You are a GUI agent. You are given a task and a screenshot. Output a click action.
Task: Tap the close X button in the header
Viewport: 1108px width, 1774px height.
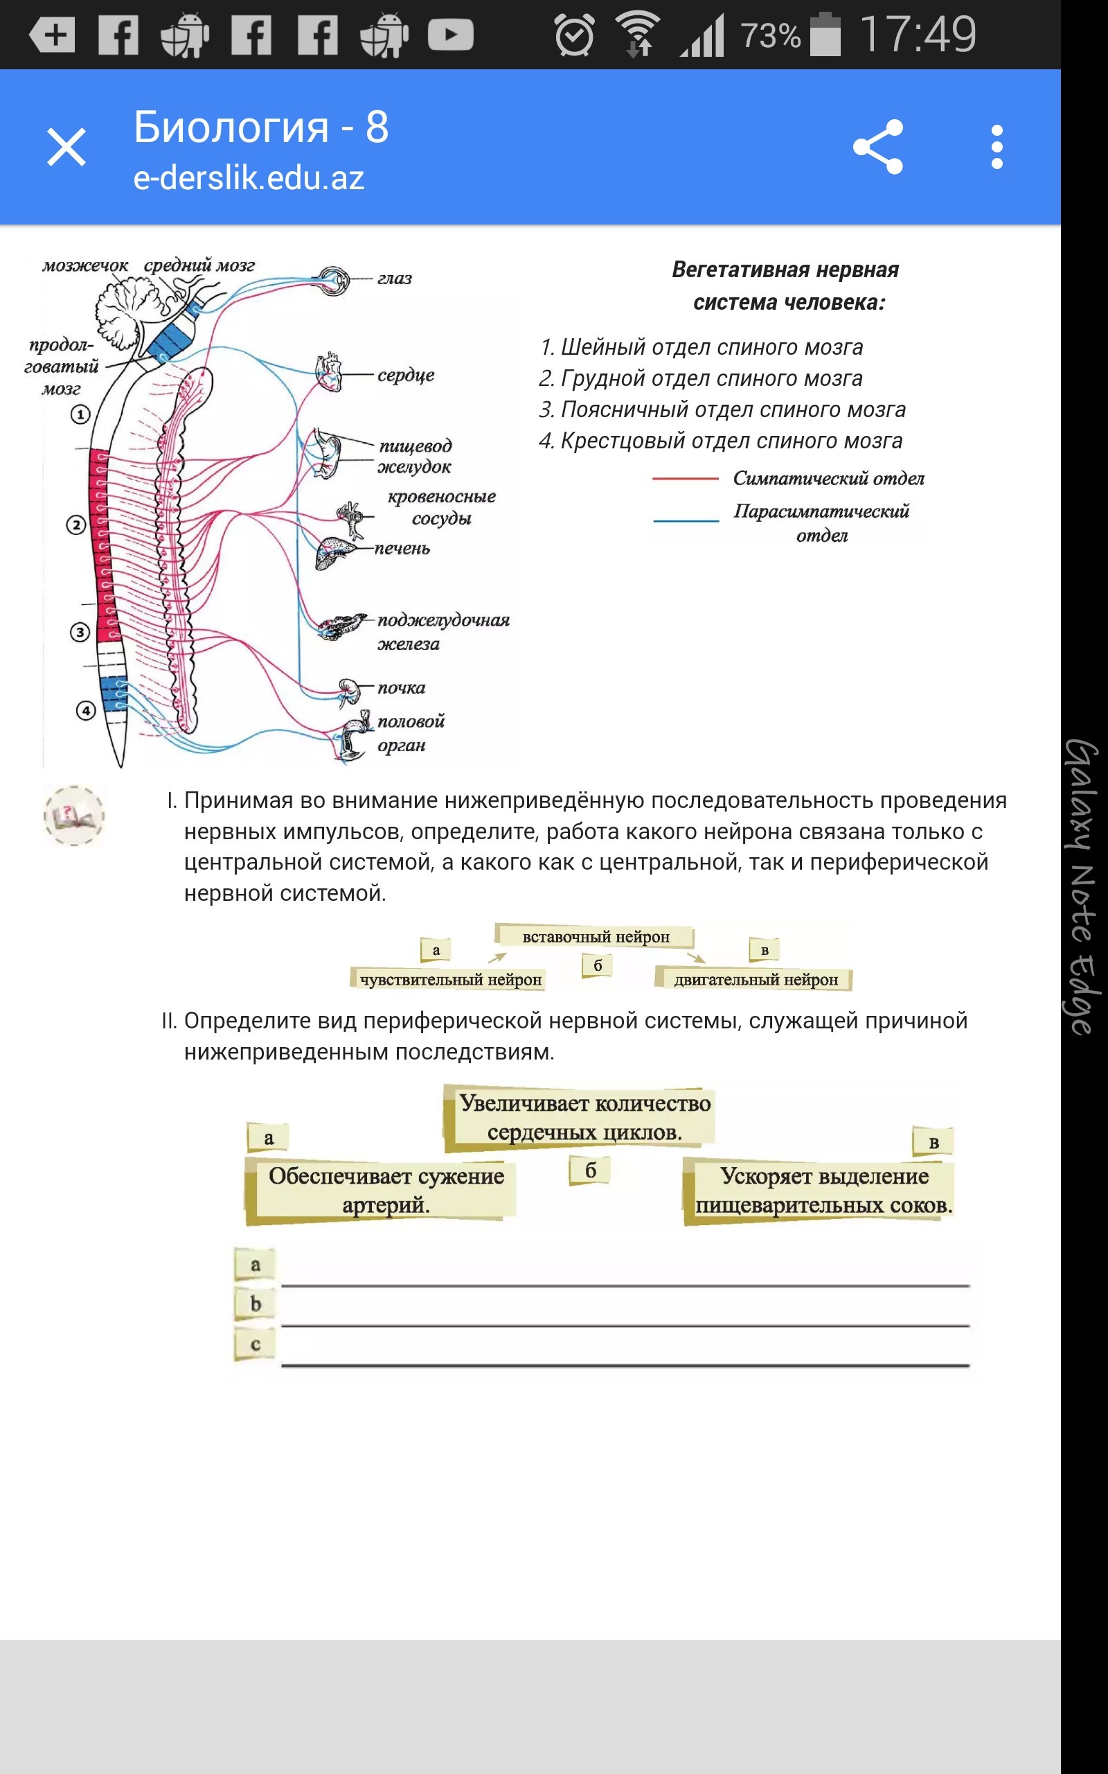coord(66,147)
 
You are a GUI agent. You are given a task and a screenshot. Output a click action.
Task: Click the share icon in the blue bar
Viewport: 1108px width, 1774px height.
coord(878,147)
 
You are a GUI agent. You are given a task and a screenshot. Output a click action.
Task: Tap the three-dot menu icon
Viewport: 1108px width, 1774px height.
coord(997,147)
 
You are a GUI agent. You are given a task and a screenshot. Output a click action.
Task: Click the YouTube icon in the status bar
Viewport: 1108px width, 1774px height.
coord(450,35)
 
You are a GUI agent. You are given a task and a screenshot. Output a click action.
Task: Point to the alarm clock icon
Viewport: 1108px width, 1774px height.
coord(574,35)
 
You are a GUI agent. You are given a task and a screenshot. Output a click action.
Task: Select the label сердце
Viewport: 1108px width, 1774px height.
coord(405,375)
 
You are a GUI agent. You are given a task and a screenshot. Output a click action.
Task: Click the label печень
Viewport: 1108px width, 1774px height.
coord(402,548)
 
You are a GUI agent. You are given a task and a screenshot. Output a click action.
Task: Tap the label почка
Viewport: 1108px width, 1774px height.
coord(401,687)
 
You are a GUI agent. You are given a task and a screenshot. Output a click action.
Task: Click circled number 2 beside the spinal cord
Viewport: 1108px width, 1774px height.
coord(76,525)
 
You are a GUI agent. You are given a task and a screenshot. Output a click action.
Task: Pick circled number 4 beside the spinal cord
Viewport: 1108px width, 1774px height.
coord(86,710)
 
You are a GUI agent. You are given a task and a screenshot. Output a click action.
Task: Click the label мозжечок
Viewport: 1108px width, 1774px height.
coord(85,265)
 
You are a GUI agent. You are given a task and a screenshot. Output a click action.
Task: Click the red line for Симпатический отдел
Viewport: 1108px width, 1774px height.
coord(685,478)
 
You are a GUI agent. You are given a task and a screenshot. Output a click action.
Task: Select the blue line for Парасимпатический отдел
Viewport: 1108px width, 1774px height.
coord(686,520)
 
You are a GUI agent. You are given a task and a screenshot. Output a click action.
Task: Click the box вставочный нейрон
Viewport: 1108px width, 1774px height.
coord(595,936)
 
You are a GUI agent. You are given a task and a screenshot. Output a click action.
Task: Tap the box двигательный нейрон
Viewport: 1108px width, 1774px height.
coord(755,979)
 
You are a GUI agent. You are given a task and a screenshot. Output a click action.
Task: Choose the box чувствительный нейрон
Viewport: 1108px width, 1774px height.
coord(450,979)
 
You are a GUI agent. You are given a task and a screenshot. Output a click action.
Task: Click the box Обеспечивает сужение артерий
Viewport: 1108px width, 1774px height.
coord(386,1189)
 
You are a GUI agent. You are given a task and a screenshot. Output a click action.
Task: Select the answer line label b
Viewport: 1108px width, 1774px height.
coord(255,1303)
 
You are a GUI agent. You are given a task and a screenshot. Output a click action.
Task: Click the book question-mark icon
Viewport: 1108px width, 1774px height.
coord(74,816)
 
